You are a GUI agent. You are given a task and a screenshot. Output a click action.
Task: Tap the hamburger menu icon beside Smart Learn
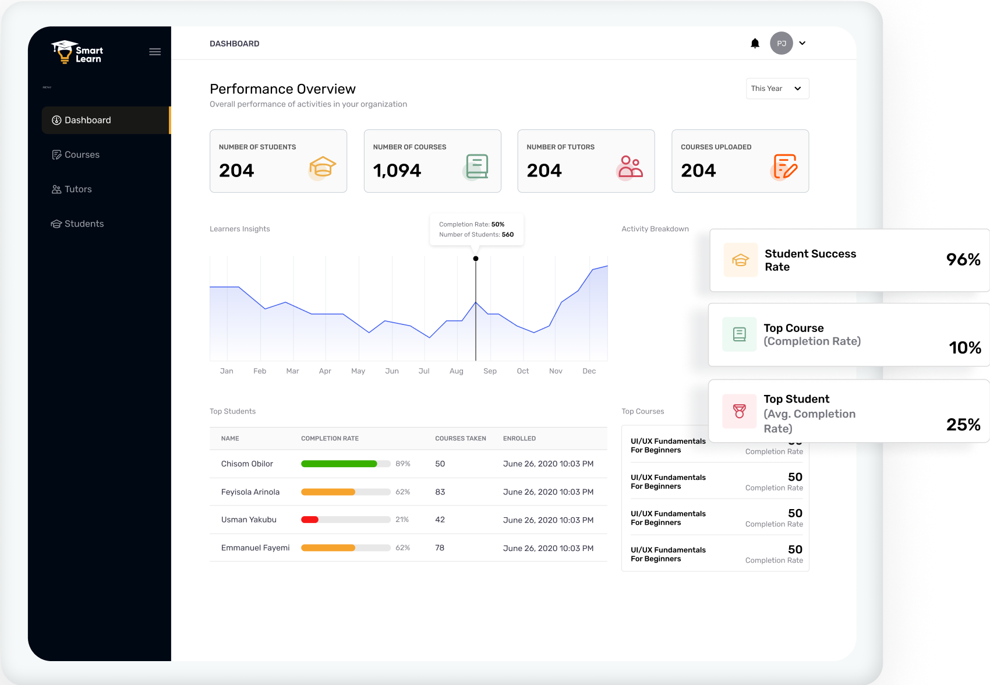[155, 52]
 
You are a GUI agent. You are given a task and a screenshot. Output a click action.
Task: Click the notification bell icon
[755, 43]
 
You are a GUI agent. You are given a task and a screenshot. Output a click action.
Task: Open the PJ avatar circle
[781, 43]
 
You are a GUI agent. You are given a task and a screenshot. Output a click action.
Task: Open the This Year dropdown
[777, 89]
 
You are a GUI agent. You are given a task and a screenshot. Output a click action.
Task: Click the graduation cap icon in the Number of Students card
[322, 168]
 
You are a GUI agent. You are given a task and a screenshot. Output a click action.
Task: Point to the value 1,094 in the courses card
[397, 171]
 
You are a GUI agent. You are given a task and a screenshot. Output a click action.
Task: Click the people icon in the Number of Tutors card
[630, 167]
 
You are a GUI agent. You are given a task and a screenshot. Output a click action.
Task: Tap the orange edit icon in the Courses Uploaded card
[784, 167]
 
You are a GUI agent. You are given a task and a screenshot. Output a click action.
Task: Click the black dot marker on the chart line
[476, 259]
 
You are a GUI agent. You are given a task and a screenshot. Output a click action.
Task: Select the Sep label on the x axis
[490, 371]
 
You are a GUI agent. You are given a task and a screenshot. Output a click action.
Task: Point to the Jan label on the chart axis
[227, 371]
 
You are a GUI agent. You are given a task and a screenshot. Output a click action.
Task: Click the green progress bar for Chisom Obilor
[339, 464]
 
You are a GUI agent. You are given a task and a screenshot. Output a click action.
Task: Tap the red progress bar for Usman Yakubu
[310, 520]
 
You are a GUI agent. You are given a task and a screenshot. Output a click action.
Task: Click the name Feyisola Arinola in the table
[250, 492]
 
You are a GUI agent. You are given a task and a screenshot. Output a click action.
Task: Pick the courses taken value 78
[440, 548]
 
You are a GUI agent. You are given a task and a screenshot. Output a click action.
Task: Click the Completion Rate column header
[330, 439]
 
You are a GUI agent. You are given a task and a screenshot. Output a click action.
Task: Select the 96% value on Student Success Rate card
[963, 260]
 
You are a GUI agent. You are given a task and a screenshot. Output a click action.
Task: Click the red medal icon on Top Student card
[739, 411]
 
